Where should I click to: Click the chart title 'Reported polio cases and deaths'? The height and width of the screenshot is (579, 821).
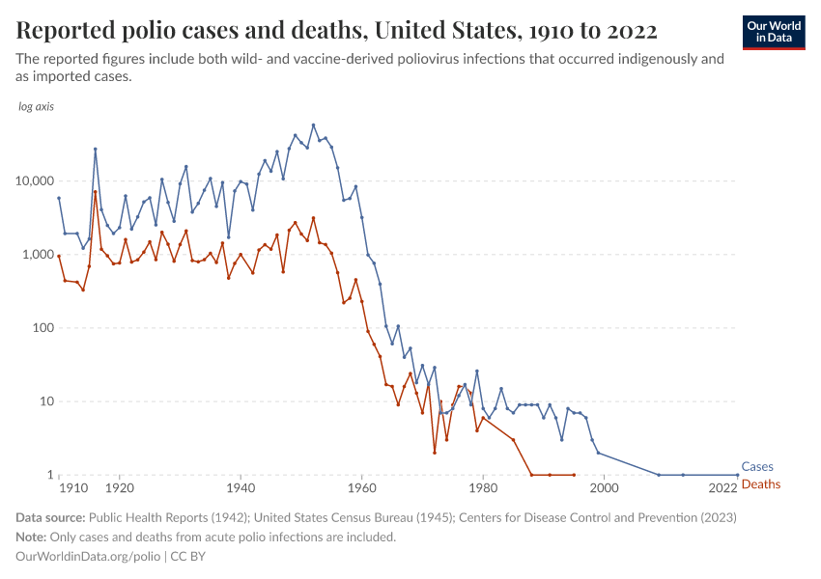(x=336, y=31)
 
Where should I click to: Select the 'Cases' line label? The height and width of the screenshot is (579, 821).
(x=756, y=466)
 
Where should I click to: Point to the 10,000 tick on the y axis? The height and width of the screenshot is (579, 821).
(x=33, y=180)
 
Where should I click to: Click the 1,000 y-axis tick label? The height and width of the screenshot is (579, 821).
(x=37, y=254)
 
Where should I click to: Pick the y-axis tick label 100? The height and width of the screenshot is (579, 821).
(x=41, y=328)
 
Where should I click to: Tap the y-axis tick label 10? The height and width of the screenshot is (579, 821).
(x=44, y=401)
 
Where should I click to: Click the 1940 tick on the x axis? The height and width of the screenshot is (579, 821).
(x=241, y=489)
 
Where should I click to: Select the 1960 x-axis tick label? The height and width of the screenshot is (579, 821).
(x=361, y=489)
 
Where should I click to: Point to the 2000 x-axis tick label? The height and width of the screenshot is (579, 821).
(x=604, y=489)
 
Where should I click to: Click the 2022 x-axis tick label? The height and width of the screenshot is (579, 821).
(x=724, y=489)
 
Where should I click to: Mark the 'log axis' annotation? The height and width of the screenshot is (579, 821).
(x=37, y=106)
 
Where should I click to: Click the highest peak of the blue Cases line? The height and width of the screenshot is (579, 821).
(x=313, y=124)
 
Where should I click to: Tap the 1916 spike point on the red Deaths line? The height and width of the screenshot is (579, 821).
(x=96, y=192)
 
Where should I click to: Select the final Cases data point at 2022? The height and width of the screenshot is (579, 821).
(x=737, y=475)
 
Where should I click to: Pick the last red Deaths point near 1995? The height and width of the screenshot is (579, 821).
(x=574, y=475)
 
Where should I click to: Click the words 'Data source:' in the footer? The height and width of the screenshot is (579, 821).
(x=50, y=517)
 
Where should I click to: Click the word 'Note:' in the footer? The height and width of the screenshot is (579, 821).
(x=32, y=537)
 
